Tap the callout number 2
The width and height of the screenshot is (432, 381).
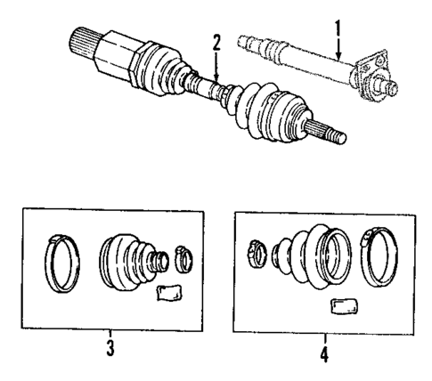point(215,42)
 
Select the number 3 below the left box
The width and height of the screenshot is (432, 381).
point(110,350)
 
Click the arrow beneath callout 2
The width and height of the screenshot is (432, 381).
point(215,66)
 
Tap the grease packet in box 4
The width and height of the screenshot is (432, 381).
point(342,307)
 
